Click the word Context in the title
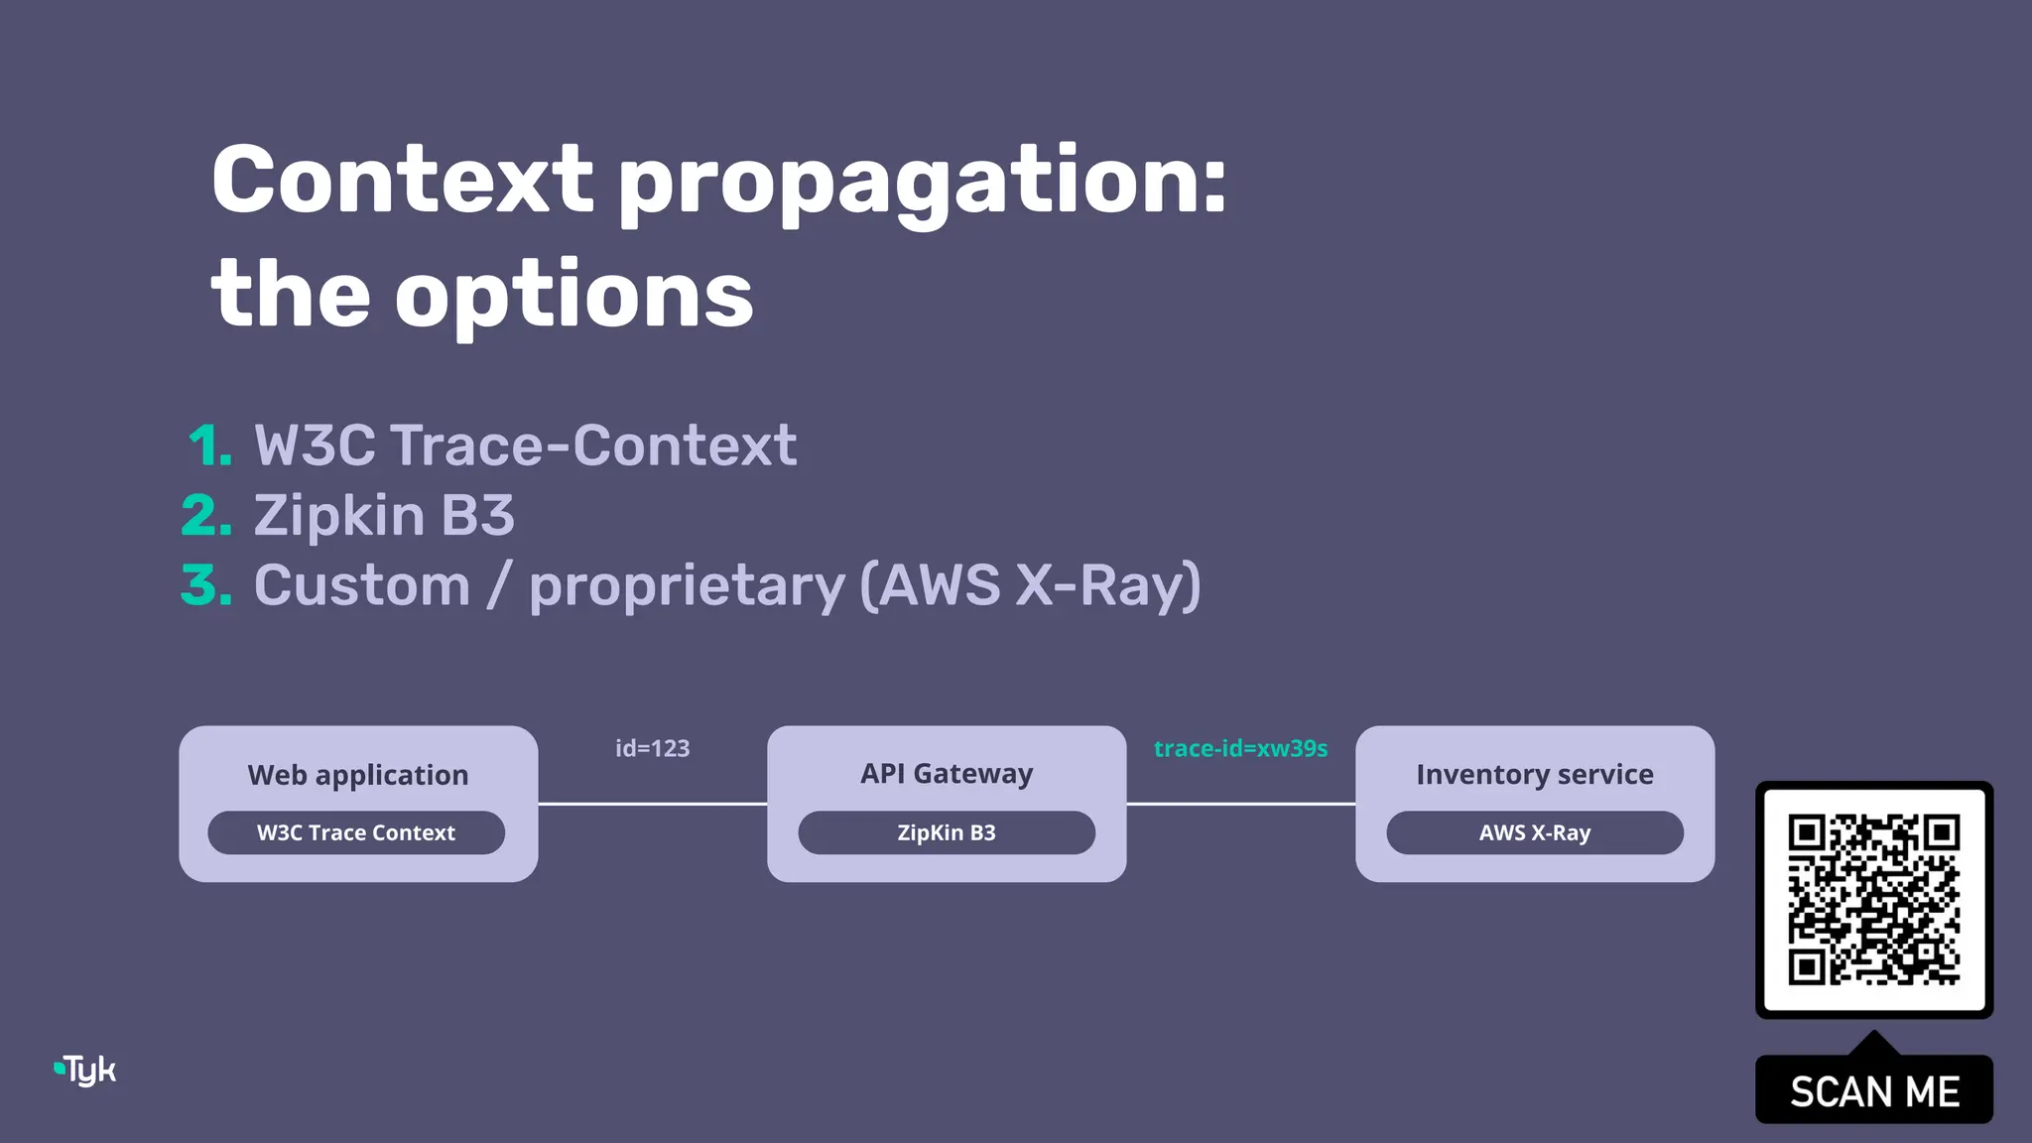tap(402, 181)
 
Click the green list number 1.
tap(210, 445)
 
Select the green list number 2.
tap(206, 516)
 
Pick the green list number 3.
tap(206, 585)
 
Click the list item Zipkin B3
tap(384, 516)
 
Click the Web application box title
tap(357, 775)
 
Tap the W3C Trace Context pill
tap(356, 832)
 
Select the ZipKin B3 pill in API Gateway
tap(946, 832)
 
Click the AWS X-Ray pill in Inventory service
tap(1534, 832)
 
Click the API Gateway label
tap(946, 773)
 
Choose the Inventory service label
tap(1534, 774)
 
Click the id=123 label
tap(652, 748)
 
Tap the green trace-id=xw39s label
tap(1240, 748)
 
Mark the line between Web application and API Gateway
tap(652, 804)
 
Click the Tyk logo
tap(86, 1070)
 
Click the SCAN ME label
tap(1873, 1091)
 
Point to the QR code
tap(1873, 900)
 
